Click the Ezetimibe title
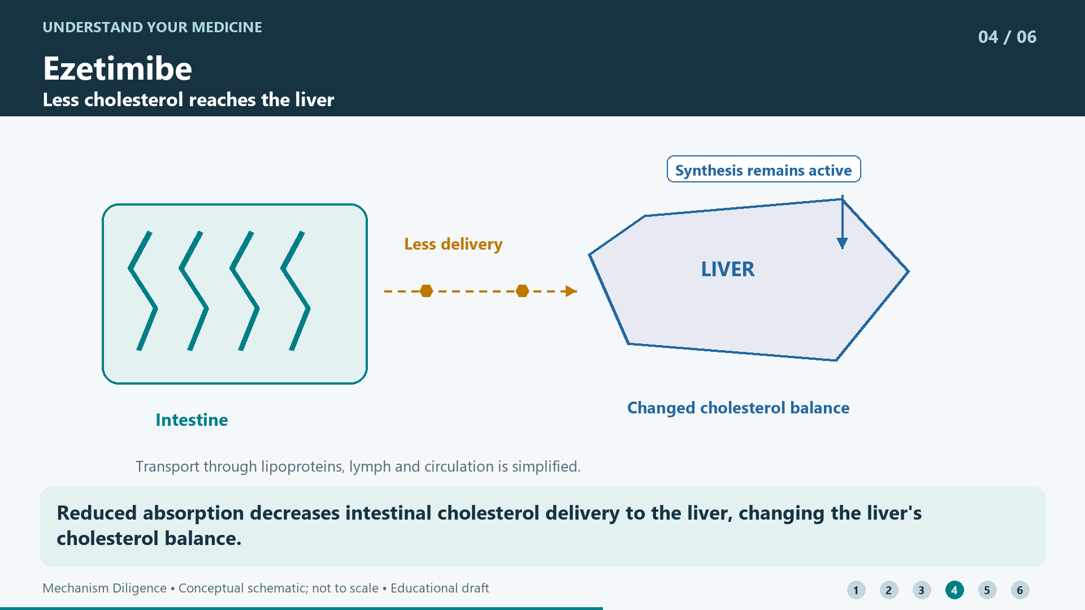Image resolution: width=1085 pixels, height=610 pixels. point(118,68)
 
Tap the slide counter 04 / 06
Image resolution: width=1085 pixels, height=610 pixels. point(1007,37)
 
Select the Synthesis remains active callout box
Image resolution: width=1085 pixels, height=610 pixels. point(763,169)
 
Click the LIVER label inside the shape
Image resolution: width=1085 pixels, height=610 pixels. point(728,269)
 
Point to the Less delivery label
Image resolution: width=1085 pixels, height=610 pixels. point(453,244)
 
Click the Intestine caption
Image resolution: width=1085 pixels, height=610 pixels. point(192,420)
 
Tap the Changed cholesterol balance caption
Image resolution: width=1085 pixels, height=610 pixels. point(738,408)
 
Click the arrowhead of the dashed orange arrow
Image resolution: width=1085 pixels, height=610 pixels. point(571,291)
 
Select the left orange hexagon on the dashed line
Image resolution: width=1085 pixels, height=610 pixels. point(427,291)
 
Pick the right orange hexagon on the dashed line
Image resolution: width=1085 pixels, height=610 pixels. point(523,291)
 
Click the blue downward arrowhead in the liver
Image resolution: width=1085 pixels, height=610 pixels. point(842,243)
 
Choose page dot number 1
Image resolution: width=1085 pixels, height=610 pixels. point(856,590)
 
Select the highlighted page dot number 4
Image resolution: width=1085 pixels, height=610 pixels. point(954,590)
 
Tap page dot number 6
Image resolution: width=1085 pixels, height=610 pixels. point(1020,590)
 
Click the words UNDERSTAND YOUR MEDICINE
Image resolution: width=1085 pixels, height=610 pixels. point(153,27)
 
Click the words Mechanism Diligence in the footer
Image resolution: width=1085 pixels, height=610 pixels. point(105,588)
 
